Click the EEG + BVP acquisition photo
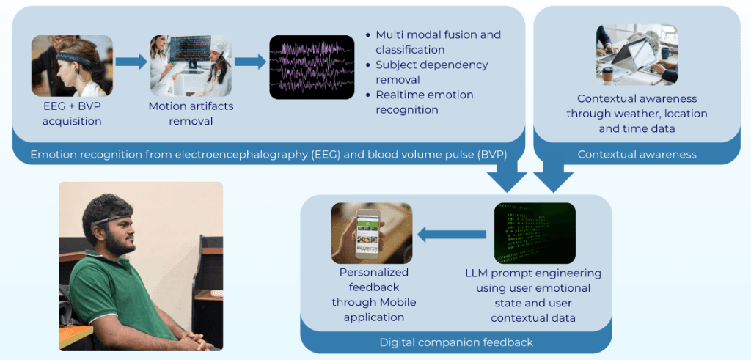click(72, 67)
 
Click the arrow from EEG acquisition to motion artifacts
click(132, 62)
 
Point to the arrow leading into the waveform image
click(251, 62)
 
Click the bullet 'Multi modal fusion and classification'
click(437, 43)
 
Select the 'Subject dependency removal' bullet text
click(431, 72)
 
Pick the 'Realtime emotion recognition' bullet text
click(424, 102)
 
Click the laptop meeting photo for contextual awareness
click(637, 55)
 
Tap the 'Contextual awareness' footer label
click(636, 154)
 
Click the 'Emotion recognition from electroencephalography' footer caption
click(268, 154)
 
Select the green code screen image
click(535, 233)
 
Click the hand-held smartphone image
click(372, 233)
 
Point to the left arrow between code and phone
click(452, 235)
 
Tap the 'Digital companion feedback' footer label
click(455, 342)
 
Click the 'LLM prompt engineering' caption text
click(533, 295)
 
